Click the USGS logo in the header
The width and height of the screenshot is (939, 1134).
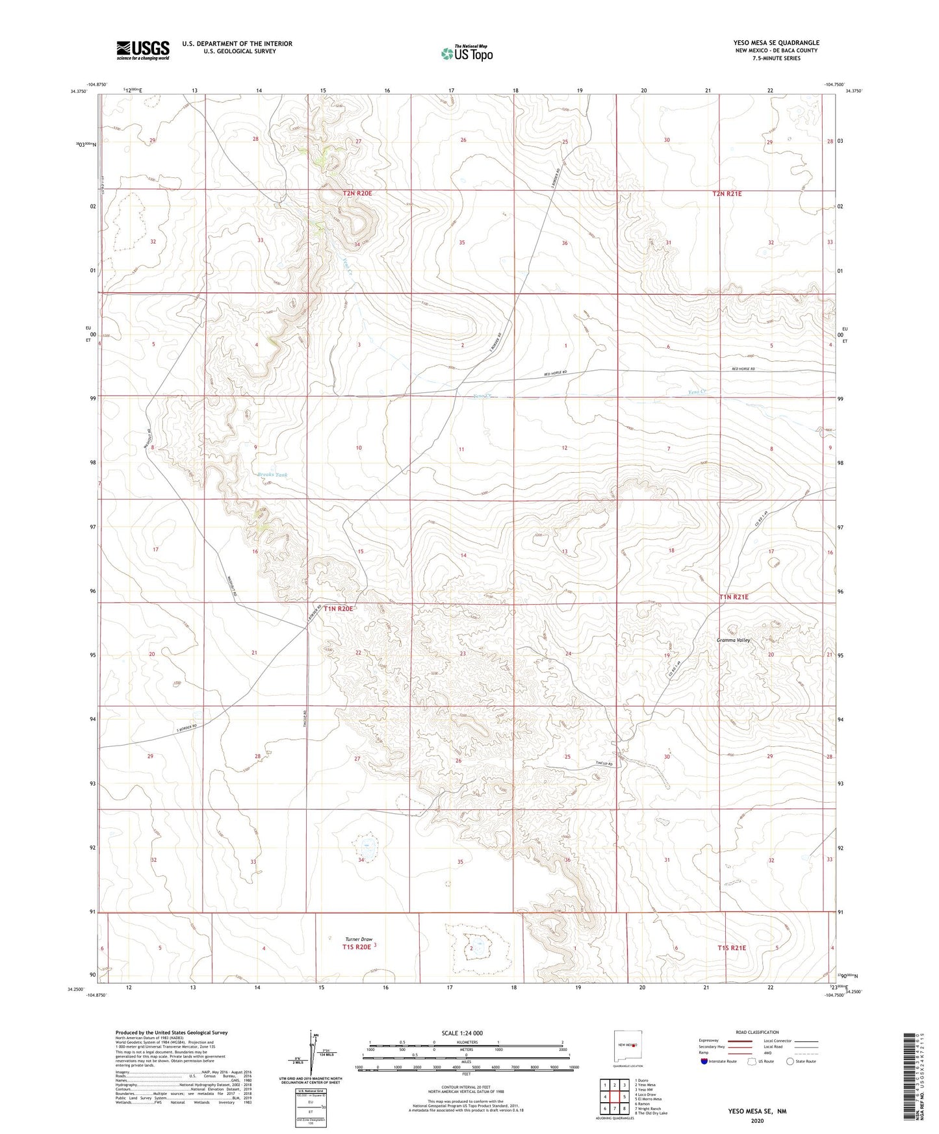[143, 49]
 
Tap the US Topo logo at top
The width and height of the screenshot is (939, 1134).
[467, 53]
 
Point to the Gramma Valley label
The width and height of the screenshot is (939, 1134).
[733, 640]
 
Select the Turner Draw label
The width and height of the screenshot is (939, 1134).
[359, 939]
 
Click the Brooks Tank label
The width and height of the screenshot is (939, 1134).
[272, 475]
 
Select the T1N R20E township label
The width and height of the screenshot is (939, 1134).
[339, 609]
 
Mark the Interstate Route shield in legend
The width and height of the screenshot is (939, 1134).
[704, 1061]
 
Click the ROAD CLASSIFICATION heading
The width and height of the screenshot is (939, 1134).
[758, 1032]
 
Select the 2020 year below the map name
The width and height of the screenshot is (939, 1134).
[756, 1120]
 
